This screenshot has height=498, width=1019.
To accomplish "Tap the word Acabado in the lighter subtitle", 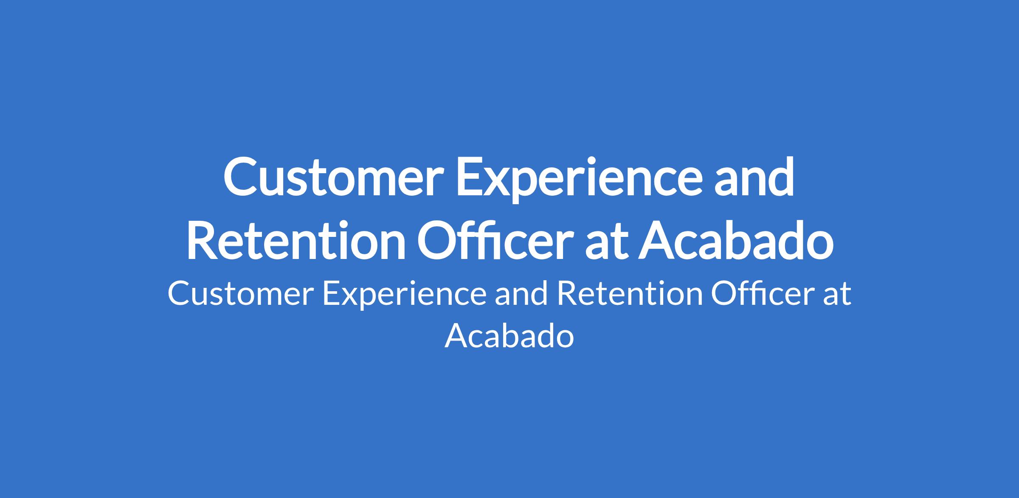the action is click(x=509, y=336).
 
